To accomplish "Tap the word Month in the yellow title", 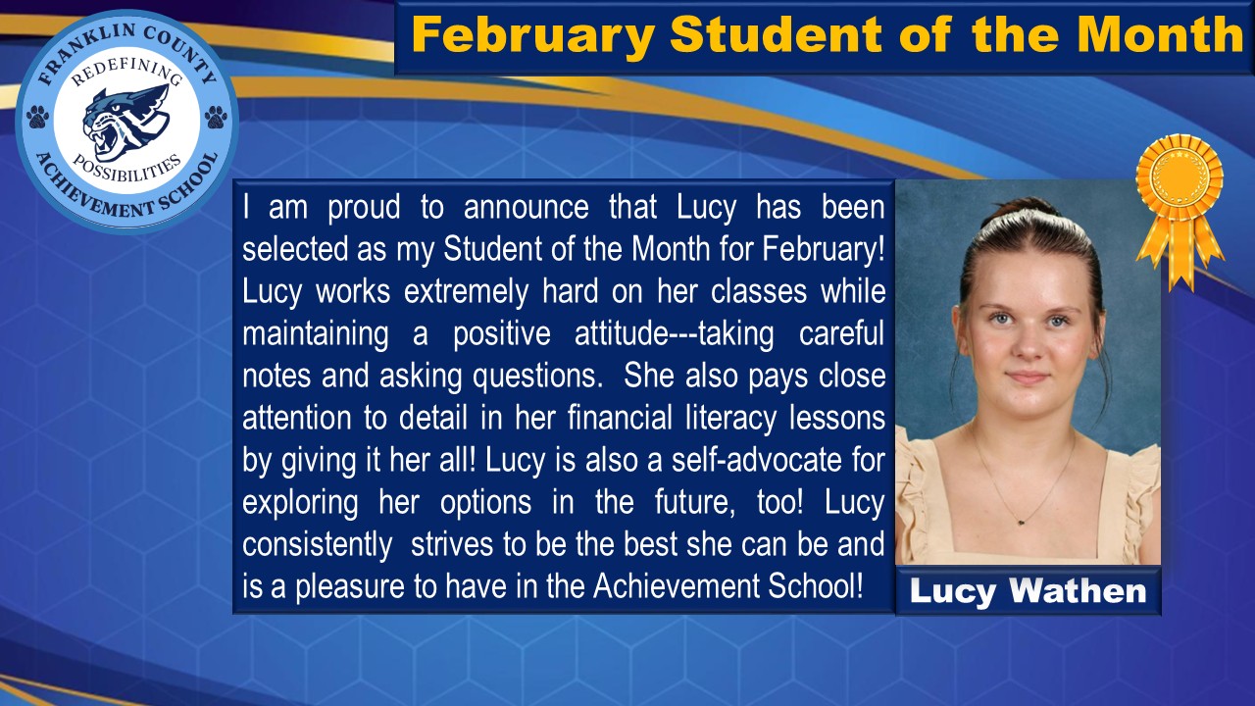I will click(x=1161, y=35).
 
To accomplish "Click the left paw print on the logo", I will click(x=38, y=117).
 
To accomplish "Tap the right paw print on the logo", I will click(x=216, y=118).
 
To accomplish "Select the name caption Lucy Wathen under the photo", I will click(x=1028, y=591).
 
